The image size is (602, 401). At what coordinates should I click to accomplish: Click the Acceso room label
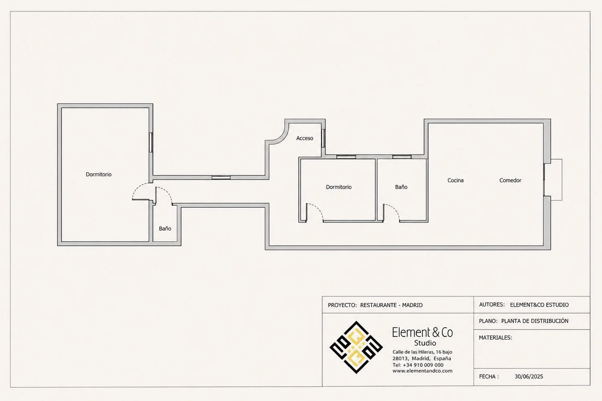click(305, 138)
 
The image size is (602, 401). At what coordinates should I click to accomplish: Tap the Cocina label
click(455, 180)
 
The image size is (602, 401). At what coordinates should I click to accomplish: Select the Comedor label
click(510, 180)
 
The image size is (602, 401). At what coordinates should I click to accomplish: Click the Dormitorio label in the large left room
click(98, 174)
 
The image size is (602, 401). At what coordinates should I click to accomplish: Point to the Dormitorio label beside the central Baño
click(339, 187)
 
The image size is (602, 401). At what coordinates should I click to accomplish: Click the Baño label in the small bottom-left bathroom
click(165, 228)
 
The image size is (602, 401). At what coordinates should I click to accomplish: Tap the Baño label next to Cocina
click(401, 187)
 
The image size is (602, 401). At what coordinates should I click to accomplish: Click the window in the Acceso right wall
click(323, 138)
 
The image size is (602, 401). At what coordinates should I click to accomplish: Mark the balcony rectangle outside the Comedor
click(556, 180)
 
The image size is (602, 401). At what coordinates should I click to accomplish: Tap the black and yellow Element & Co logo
click(356, 347)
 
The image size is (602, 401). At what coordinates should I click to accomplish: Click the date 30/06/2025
click(529, 376)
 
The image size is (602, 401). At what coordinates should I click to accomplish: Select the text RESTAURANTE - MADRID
click(391, 305)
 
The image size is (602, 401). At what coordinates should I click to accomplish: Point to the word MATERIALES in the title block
click(495, 338)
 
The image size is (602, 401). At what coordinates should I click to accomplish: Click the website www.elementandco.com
click(422, 371)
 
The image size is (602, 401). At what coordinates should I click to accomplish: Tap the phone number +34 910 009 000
click(423, 365)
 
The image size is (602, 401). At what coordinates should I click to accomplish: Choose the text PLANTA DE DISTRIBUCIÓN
click(535, 321)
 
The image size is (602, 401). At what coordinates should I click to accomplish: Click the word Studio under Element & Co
click(425, 343)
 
